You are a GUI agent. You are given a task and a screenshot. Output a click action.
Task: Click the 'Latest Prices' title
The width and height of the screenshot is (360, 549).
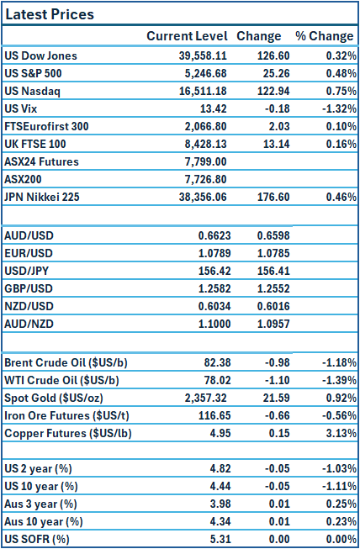[50, 14]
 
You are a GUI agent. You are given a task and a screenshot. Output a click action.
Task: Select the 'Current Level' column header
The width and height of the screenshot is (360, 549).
[187, 36]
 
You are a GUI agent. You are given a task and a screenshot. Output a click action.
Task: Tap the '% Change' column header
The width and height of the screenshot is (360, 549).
[324, 36]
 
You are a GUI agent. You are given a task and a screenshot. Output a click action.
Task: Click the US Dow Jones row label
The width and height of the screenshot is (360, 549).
[40, 55]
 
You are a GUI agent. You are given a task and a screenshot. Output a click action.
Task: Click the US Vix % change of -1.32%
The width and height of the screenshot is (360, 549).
[335, 108]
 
